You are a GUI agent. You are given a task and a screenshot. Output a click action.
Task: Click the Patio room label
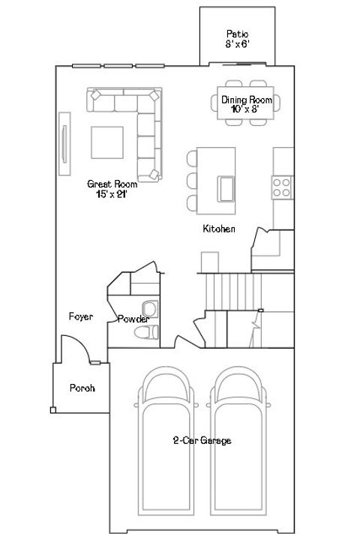coord(237,34)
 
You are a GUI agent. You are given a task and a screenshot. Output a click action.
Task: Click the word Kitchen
coord(220,229)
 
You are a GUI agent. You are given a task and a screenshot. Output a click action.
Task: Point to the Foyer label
coord(80,317)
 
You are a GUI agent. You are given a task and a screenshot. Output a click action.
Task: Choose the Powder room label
coord(133,319)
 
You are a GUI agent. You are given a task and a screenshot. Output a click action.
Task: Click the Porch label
coord(81,388)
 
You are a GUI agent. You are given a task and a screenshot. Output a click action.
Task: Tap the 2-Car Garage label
coord(201,441)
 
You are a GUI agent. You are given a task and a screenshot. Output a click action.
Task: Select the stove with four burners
coord(282,187)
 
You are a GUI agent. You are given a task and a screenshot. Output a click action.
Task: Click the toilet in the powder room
coord(148,330)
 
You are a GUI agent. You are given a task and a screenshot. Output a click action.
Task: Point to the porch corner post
coord(52,409)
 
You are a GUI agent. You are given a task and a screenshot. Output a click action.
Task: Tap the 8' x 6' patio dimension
coord(237,44)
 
